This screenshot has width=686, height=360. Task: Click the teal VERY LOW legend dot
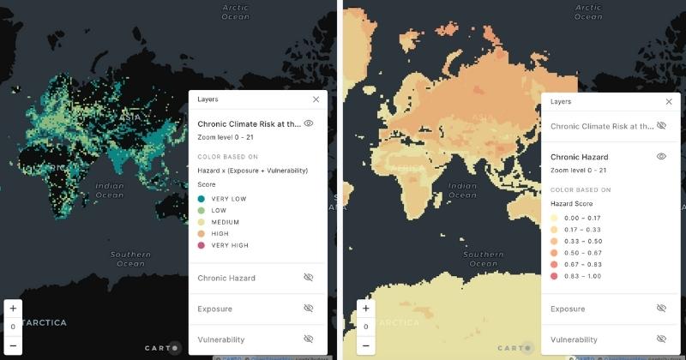(201, 199)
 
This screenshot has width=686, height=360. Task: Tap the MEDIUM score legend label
(225, 222)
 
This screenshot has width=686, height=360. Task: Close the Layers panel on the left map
(316, 99)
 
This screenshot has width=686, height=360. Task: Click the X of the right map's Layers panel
(669, 101)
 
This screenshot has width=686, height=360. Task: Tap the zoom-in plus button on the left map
(13, 308)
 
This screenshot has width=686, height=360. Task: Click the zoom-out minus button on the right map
(366, 345)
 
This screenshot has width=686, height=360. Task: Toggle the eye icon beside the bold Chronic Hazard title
(661, 157)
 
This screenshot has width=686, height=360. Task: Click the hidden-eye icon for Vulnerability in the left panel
(309, 339)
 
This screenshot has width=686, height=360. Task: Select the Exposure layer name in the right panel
(567, 309)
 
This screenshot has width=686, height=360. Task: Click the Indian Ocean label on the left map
(109, 189)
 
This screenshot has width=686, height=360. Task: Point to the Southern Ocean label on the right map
(483, 258)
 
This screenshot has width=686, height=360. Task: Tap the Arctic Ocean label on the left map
(235, 12)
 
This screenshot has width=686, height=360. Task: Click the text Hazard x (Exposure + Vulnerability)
(253, 171)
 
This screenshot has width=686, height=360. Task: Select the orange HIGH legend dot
(201, 234)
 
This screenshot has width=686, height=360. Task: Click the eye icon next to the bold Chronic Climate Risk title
(309, 123)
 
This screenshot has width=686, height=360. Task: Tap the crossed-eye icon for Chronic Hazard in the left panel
(309, 278)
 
